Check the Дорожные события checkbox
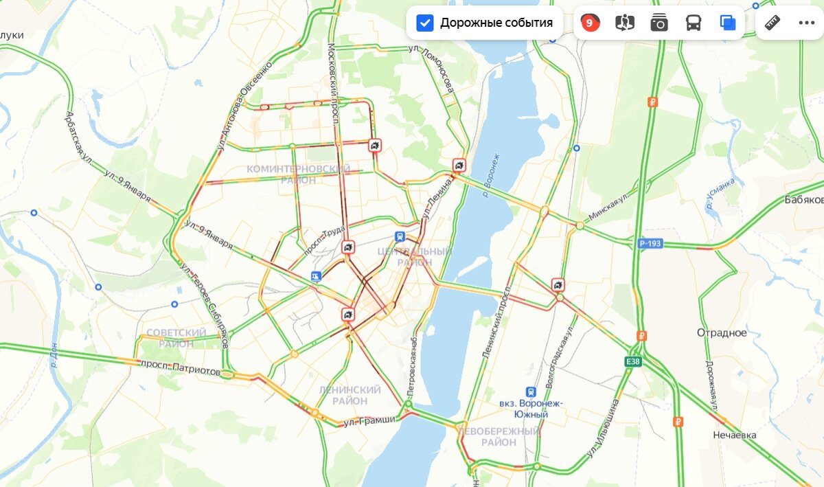point(425,23)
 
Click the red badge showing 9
point(589,23)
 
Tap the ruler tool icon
point(772,23)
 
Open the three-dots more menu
point(806,23)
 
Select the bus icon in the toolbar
point(694,23)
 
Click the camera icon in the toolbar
point(659,23)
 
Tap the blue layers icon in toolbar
point(728,23)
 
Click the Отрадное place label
point(722,333)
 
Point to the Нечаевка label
point(734,435)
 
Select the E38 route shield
point(634,361)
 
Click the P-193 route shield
point(649,242)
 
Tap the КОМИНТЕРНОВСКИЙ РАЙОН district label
point(298,174)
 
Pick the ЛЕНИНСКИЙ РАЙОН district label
point(350,395)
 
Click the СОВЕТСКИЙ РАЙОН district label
point(176,338)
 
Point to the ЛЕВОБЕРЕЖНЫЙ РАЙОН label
point(499,437)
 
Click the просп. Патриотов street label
point(181,367)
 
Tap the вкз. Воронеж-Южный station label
point(531,409)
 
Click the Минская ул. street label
point(608,207)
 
